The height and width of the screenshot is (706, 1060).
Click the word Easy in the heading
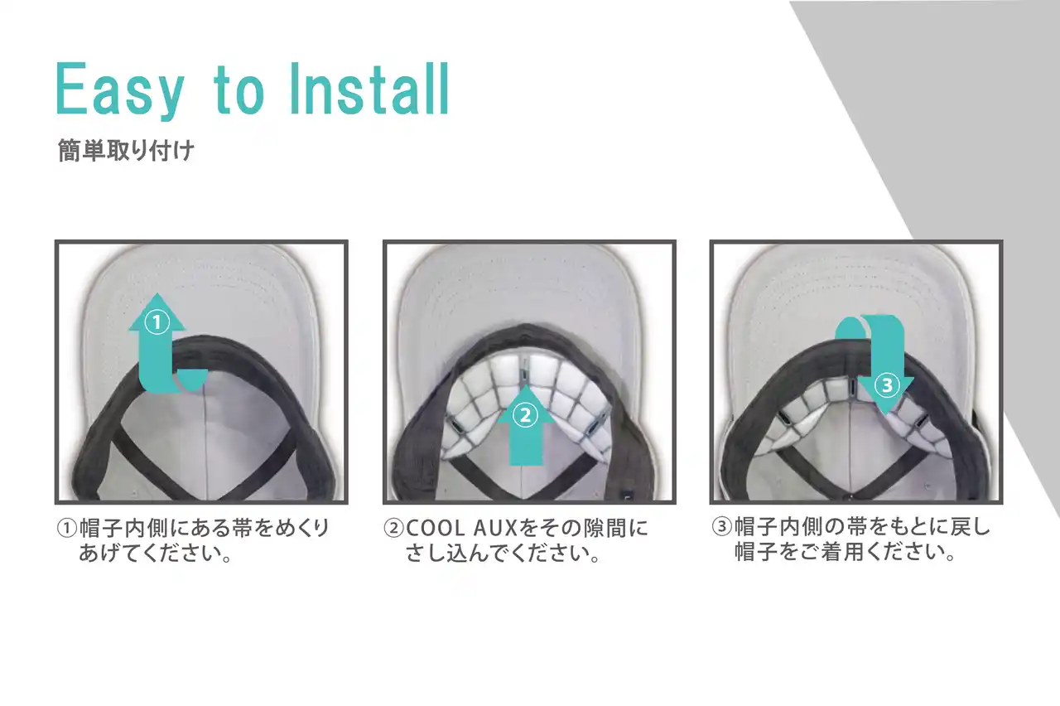click(120, 89)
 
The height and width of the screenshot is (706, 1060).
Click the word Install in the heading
click(369, 89)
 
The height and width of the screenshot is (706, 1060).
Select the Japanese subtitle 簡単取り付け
click(126, 150)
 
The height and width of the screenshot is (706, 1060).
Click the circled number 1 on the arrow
click(157, 323)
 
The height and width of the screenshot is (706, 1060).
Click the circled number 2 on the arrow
click(525, 415)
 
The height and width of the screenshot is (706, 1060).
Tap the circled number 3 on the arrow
click(886, 385)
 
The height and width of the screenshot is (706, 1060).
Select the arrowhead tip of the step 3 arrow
click(885, 415)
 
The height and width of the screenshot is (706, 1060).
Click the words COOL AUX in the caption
click(461, 529)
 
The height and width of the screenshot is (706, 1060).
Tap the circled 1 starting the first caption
click(67, 529)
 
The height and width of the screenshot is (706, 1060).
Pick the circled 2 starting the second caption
click(393, 529)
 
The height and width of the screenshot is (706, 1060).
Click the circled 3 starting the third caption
click(721, 526)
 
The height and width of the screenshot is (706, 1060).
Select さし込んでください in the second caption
click(498, 553)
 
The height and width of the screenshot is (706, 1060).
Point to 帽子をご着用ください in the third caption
click(839, 552)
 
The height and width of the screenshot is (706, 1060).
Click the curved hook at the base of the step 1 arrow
click(191, 380)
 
